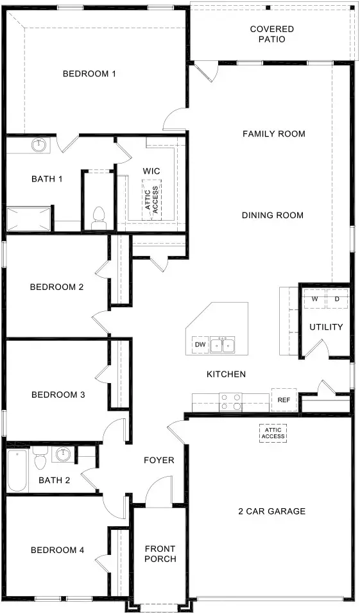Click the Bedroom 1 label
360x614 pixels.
click(x=89, y=74)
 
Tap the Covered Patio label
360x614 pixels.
click(x=272, y=34)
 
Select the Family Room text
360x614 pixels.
click(x=273, y=134)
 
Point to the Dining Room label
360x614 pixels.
click(x=272, y=216)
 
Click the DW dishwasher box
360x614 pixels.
click(x=200, y=345)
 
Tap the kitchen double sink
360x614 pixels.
click(x=224, y=345)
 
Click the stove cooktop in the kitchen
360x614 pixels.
click(x=230, y=402)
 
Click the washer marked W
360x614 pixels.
click(x=315, y=299)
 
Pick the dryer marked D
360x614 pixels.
click(x=337, y=299)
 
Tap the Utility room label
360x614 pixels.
click(x=326, y=327)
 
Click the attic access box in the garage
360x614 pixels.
click(x=271, y=434)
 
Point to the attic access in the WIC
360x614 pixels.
click(x=152, y=198)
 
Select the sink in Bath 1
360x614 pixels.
click(x=40, y=145)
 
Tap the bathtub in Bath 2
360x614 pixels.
click(x=17, y=470)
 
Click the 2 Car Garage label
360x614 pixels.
click(x=271, y=511)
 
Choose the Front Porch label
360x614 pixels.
click(x=160, y=554)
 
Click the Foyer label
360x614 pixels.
click(x=159, y=460)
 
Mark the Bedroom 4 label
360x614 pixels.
click(x=57, y=550)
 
